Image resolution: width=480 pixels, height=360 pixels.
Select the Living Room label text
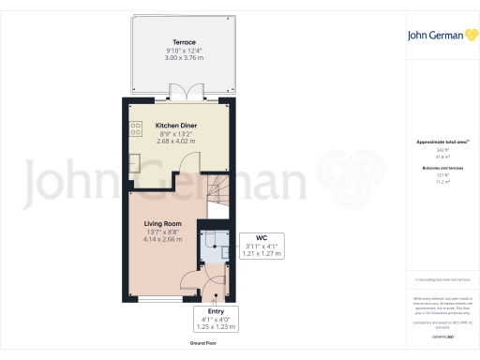161,223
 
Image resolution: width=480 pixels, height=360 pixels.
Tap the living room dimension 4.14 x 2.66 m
161,239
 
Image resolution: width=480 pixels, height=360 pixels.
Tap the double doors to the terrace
184,92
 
